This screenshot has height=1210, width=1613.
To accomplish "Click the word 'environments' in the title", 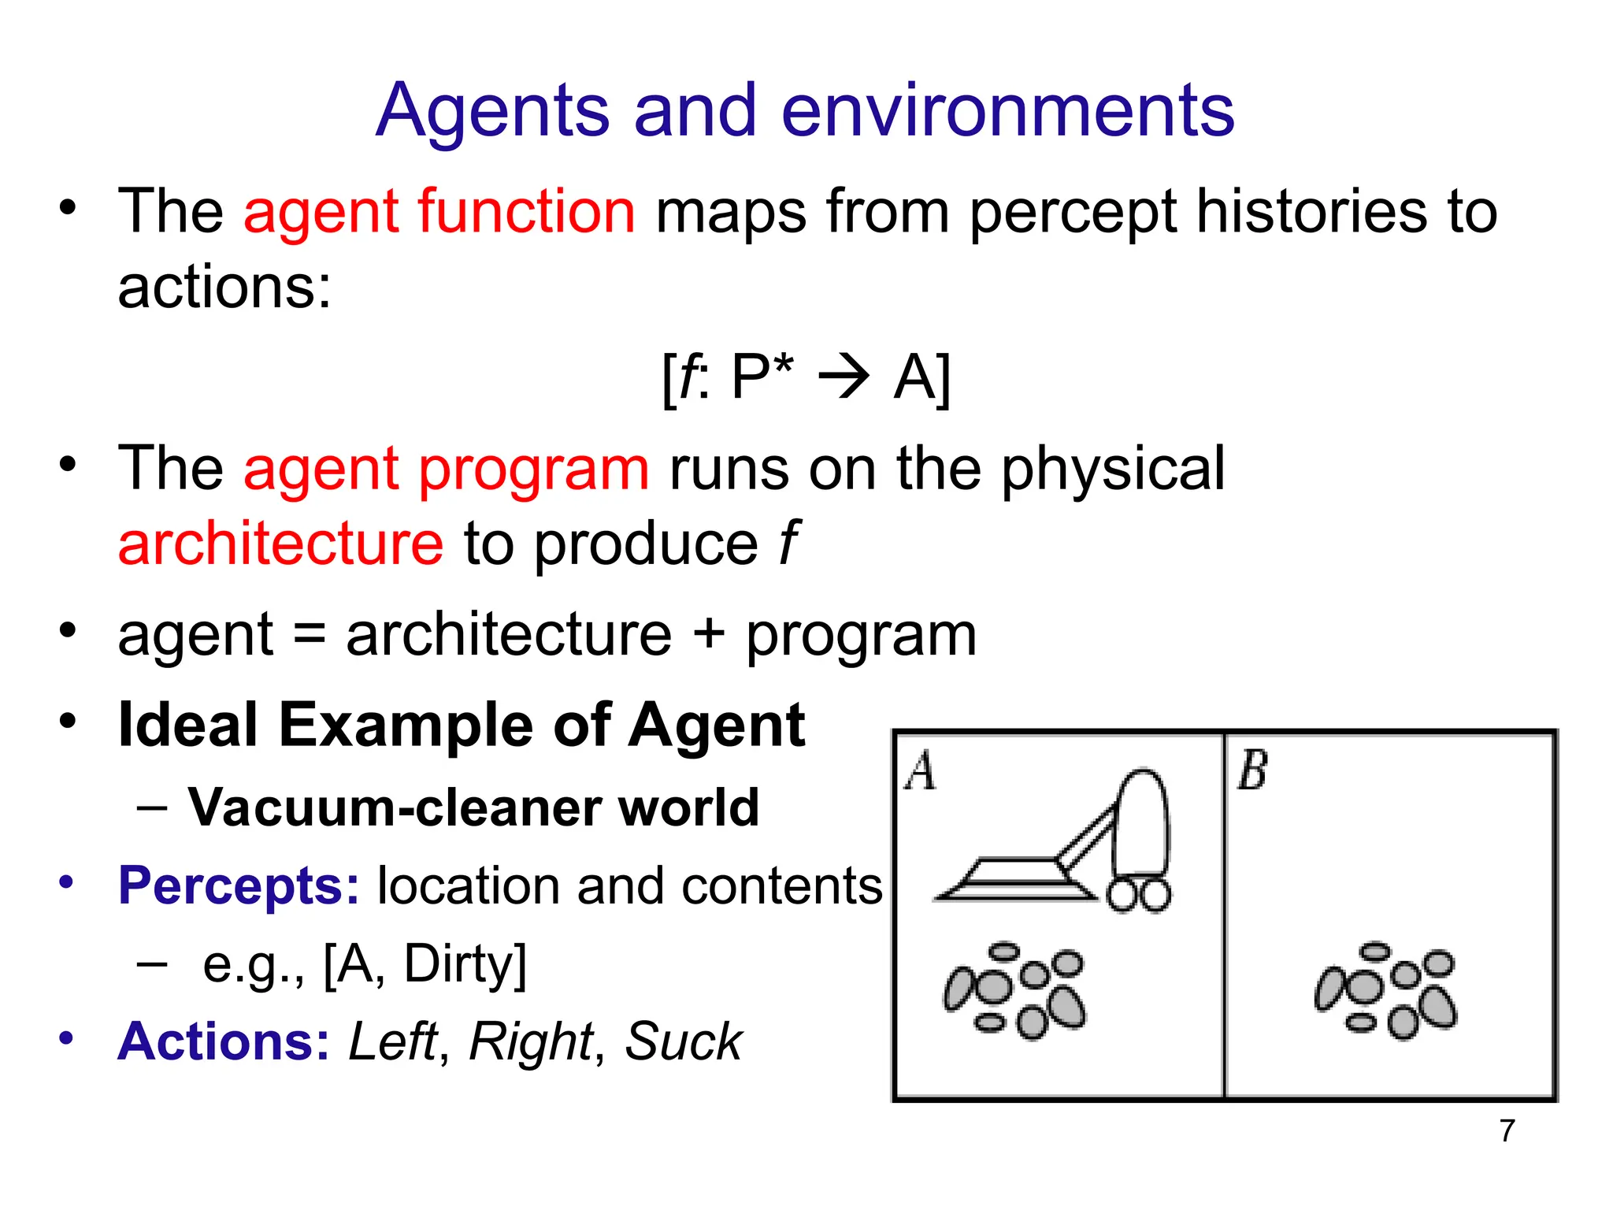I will pyautogui.click(x=1007, y=111).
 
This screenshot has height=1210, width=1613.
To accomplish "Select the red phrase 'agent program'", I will pyautogui.click(x=447, y=469).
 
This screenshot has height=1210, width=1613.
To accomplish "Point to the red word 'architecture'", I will pyautogui.click(x=280, y=544).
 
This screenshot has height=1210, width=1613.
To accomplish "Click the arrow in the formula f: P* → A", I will pyautogui.click(x=844, y=377).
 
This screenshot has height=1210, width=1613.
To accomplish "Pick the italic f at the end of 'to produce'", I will pyautogui.click(x=788, y=543).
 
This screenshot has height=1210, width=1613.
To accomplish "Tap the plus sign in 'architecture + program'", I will pyautogui.click(x=709, y=634).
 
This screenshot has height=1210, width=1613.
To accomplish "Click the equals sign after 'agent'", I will pyautogui.click(x=310, y=635).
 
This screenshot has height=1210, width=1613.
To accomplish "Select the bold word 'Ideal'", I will pyautogui.click(x=187, y=725).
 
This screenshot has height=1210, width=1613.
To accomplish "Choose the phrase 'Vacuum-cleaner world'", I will pyautogui.click(x=473, y=807).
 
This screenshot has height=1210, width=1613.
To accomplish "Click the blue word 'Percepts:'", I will pyautogui.click(x=239, y=885).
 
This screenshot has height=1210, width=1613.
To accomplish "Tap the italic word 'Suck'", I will pyautogui.click(x=683, y=1041).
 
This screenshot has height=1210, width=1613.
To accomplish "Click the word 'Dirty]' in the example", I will pyautogui.click(x=465, y=963).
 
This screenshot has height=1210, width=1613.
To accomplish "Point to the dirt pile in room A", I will pyautogui.click(x=1015, y=990).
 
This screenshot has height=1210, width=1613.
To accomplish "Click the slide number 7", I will pyautogui.click(x=1507, y=1130).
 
